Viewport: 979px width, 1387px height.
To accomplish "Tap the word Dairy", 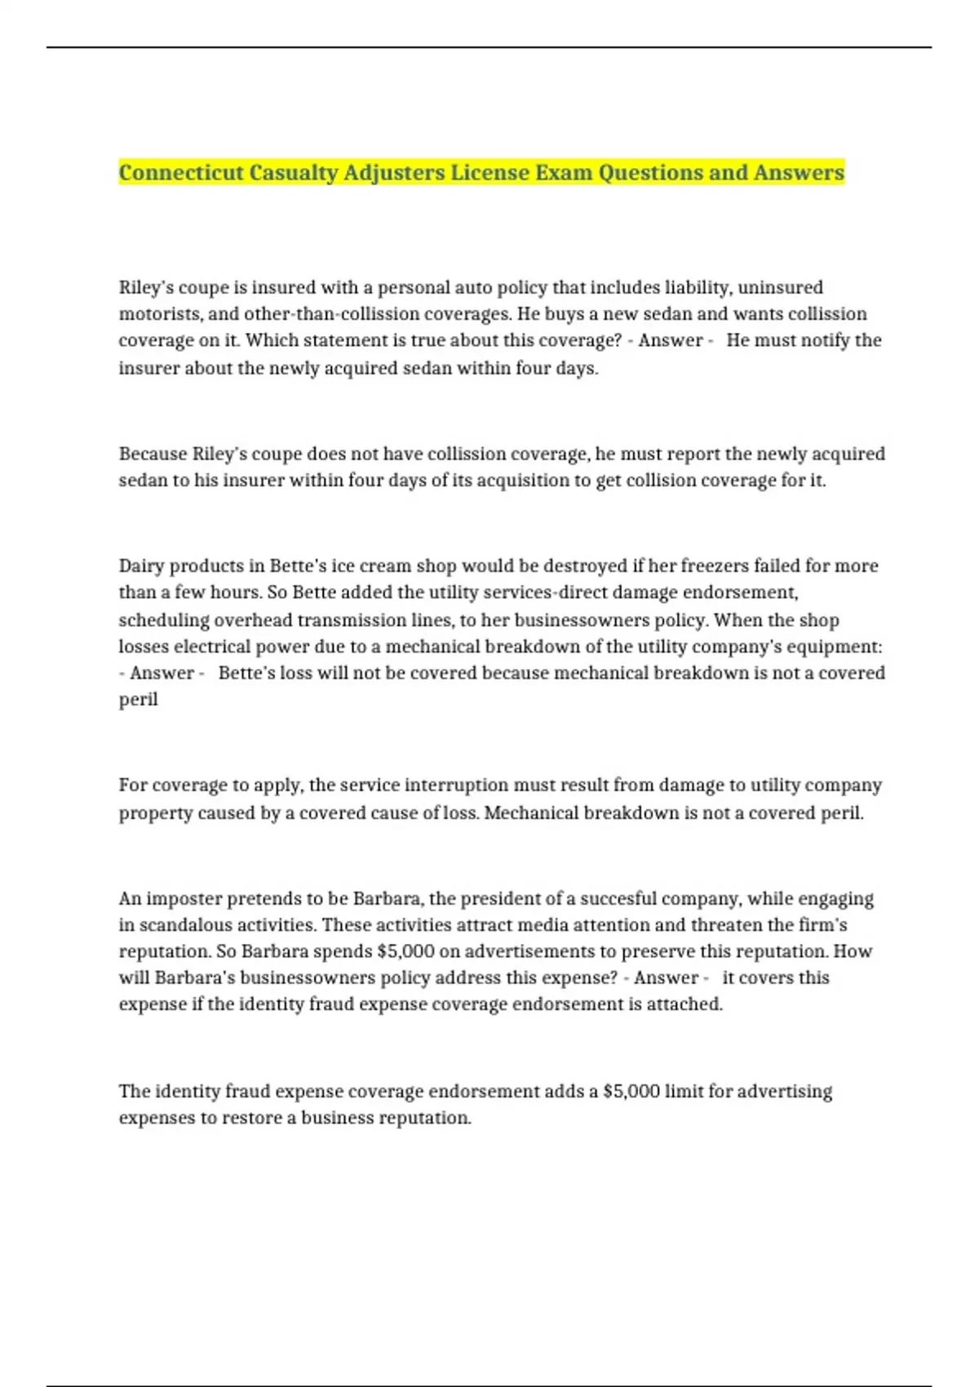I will [x=141, y=566].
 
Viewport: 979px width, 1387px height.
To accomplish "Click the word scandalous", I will [x=186, y=925].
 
